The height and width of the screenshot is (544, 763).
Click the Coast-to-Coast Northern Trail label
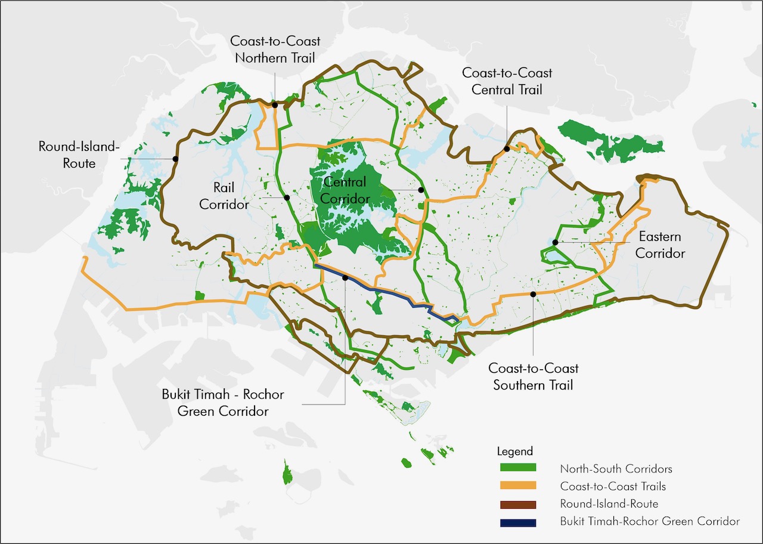(275, 50)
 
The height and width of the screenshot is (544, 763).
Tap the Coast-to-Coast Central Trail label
(507, 81)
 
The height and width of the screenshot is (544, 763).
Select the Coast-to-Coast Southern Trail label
(533, 377)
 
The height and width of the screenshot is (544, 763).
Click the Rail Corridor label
(224, 196)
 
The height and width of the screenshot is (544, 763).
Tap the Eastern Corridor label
(660, 245)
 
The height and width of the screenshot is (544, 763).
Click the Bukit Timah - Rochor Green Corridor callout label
(223, 403)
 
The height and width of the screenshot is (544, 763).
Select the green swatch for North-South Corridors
(516, 468)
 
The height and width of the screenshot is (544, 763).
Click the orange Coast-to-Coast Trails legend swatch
(516, 486)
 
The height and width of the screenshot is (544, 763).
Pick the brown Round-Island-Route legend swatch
(516, 504)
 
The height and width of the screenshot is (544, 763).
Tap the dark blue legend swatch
(516, 522)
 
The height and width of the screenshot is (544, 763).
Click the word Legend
(514, 452)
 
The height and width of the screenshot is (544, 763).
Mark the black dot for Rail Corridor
(287, 197)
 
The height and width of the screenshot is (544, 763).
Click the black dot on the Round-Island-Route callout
(175, 159)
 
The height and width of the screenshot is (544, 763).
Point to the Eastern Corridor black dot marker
(555, 242)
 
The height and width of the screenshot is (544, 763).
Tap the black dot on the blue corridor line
(345, 278)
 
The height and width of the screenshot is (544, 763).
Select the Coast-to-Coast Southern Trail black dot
(533, 294)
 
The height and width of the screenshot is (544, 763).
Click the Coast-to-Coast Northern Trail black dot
(275, 105)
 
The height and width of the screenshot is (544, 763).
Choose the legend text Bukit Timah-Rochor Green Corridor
(650, 522)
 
